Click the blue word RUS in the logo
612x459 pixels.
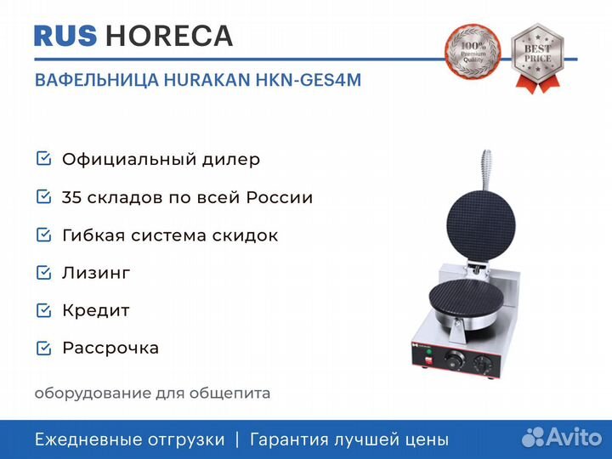pyautogui.click(x=65, y=36)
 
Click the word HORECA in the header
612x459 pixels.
pyautogui.click(x=169, y=36)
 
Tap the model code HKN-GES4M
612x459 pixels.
pyautogui.click(x=309, y=80)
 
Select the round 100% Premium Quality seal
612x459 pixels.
pyautogui.click(x=473, y=51)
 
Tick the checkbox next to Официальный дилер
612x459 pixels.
pyautogui.click(x=43, y=158)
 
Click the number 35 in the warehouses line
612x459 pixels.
pyautogui.click(x=71, y=197)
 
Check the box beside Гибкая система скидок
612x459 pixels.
pyautogui.click(x=43, y=235)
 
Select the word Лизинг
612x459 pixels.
pyautogui.click(x=96, y=273)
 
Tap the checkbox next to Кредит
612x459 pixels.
pyautogui.click(x=43, y=310)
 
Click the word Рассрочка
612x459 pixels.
pyautogui.click(x=110, y=348)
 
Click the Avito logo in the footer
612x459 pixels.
pyautogui.click(x=562, y=437)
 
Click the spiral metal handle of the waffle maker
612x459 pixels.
pyautogui.click(x=486, y=170)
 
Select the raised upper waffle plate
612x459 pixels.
pyautogui.click(x=480, y=226)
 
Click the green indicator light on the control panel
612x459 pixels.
pyautogui.click(x=429, y=352)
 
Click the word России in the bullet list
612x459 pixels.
pyautogui.click(x=280, y=197)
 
